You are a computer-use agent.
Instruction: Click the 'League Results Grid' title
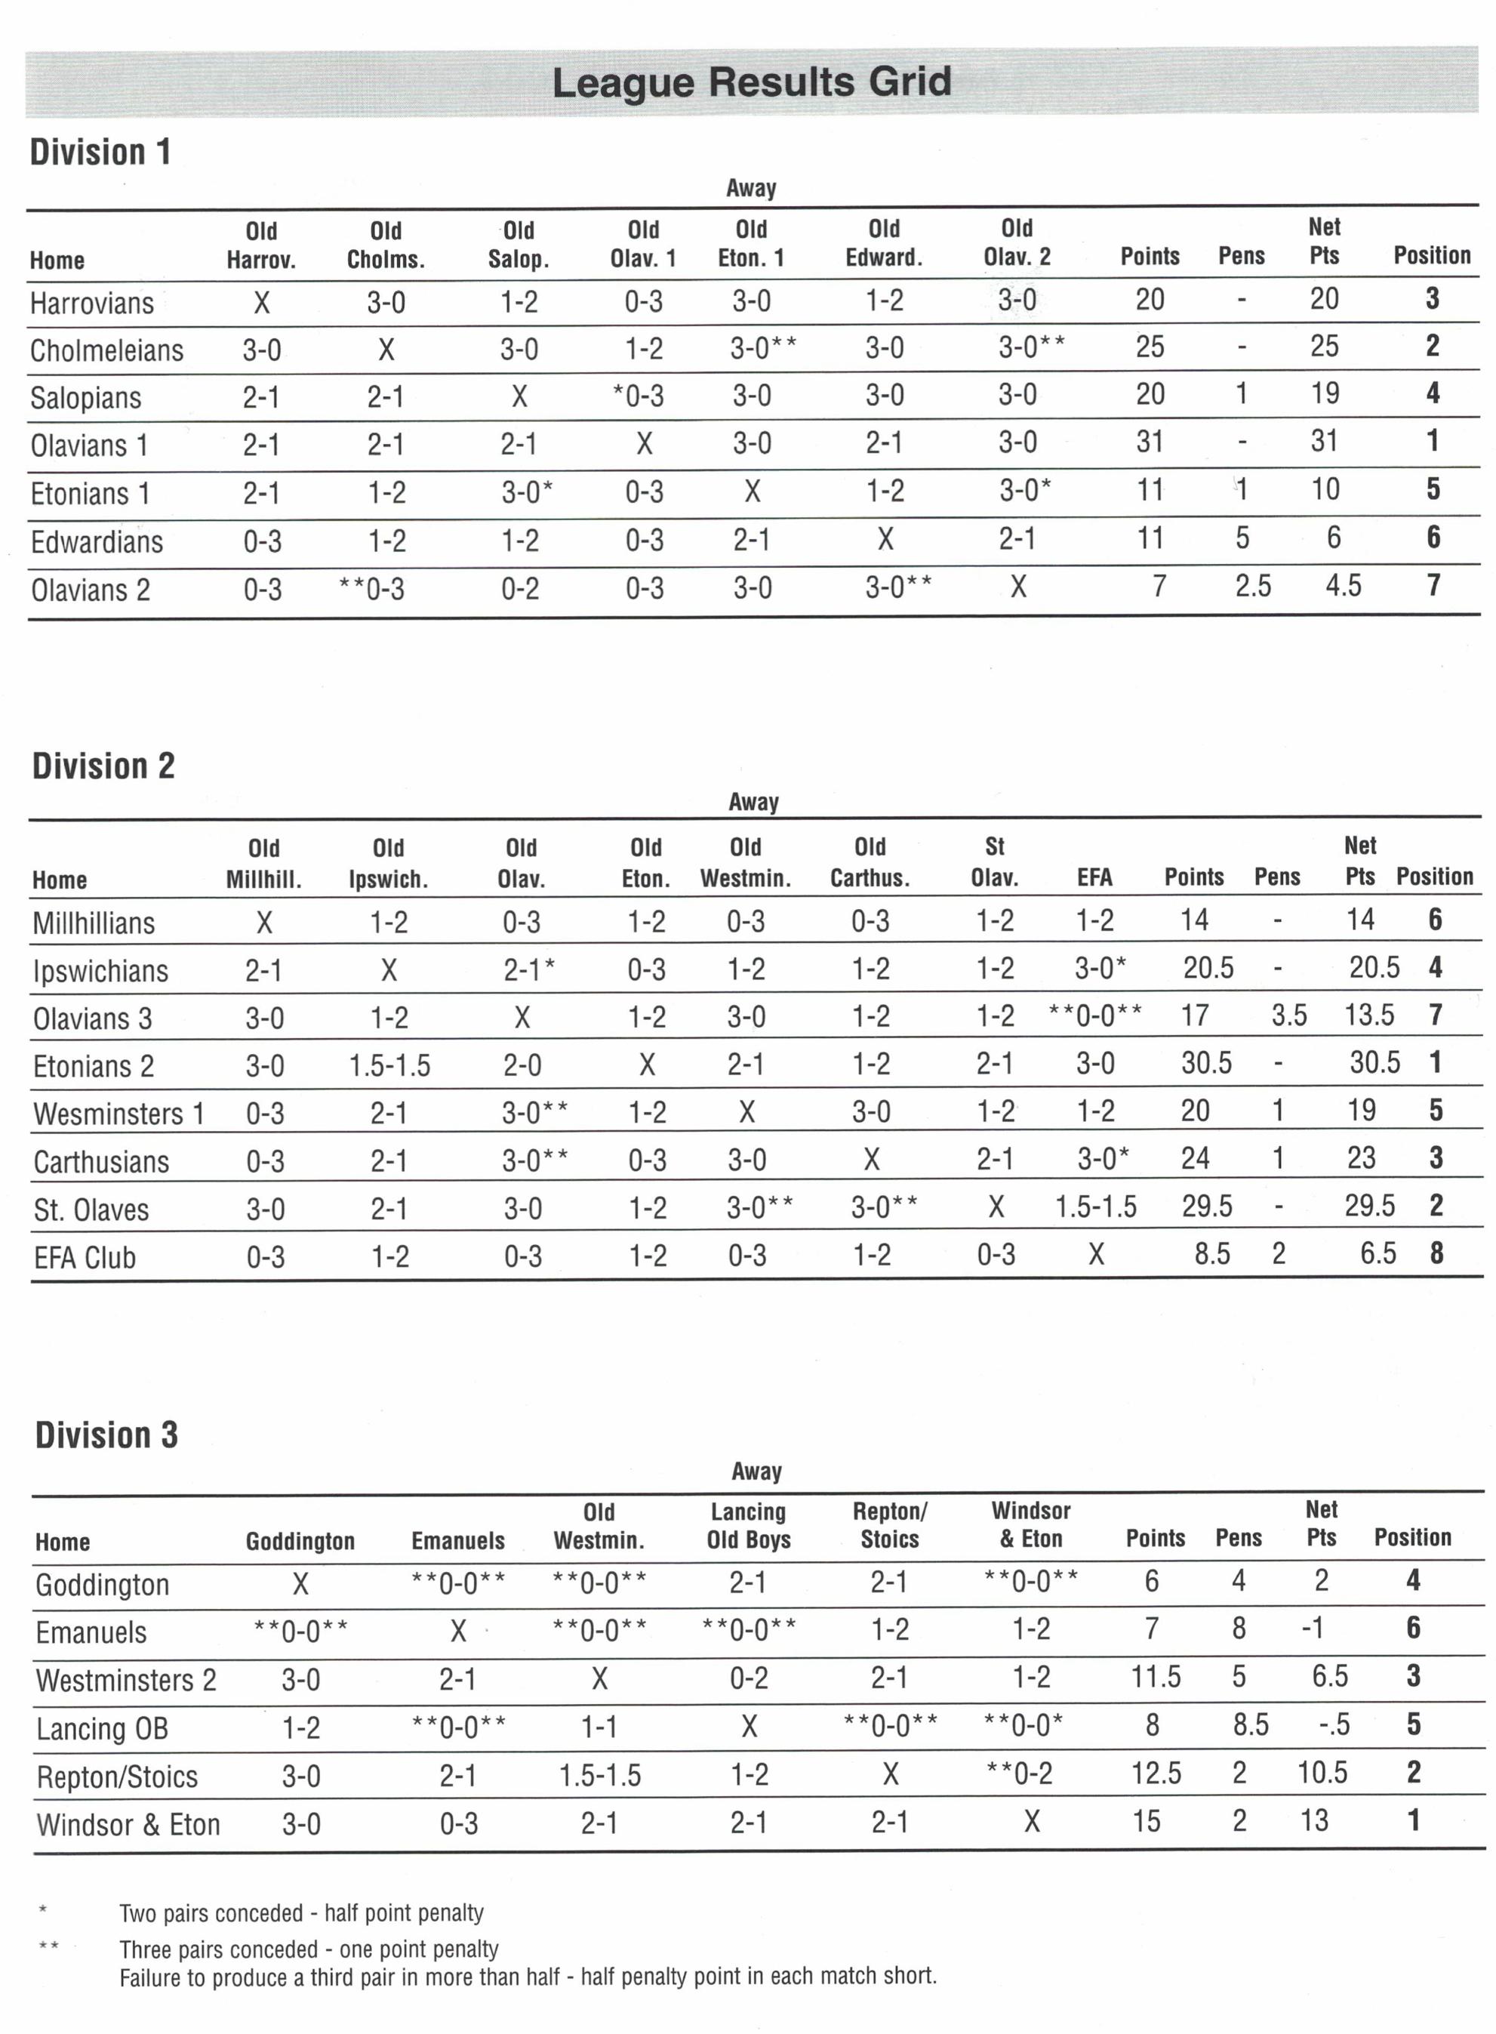pos(751,82)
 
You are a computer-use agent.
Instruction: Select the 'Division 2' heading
pos(103,766)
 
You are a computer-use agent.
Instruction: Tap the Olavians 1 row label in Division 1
pos(89,445)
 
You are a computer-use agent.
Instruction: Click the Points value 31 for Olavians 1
pos(1149,442)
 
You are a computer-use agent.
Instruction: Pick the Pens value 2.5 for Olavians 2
pos(1252,586)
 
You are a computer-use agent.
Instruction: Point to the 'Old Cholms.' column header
pos(386,245)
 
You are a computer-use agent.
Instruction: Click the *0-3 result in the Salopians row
pos(639,395)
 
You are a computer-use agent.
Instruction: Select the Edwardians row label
pos(97,541)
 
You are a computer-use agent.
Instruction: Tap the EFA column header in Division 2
pos(1094,877)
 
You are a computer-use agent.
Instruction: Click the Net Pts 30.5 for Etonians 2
pos(1374,1062)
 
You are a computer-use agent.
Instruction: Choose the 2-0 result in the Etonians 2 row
pos(522,1064)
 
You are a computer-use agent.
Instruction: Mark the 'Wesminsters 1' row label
pos(119,1113)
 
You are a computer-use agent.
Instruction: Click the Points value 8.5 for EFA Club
pos(1211,1254)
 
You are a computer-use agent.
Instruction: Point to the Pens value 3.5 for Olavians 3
pos(1288,1015)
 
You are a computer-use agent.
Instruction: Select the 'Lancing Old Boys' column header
pos(748,1525)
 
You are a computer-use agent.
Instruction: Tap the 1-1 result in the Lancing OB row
pos(599,1727)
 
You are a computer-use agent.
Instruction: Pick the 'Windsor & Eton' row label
pos(128,1824)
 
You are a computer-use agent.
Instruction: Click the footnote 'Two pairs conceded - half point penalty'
pos(302,1912)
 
